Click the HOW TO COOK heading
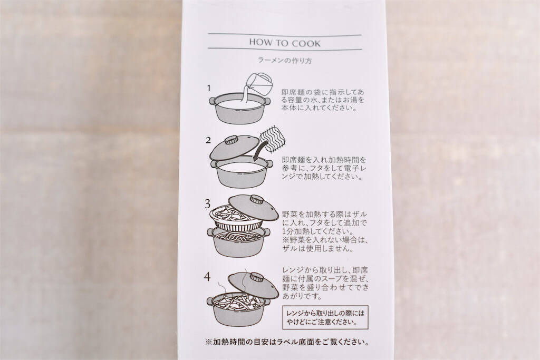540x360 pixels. coord(284,42)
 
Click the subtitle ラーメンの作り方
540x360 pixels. coord(285,60)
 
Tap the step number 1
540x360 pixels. coord(209,87)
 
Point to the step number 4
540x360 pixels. coord(209,275)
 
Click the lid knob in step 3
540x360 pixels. coord(257,200)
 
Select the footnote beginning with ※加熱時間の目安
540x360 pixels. coord(286,342)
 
